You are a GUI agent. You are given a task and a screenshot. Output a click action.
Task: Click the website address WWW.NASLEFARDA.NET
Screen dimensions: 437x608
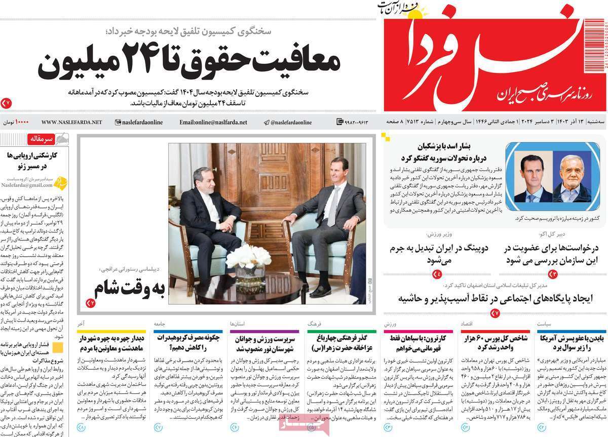[x=71, y=122]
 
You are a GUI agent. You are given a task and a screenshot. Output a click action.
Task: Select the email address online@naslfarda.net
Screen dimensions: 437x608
[x=213, y=122]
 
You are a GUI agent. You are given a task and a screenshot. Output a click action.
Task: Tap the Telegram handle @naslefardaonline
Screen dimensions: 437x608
[x=288, y=122]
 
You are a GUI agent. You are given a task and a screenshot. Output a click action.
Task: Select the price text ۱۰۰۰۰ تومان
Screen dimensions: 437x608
[x=16, y=122]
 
